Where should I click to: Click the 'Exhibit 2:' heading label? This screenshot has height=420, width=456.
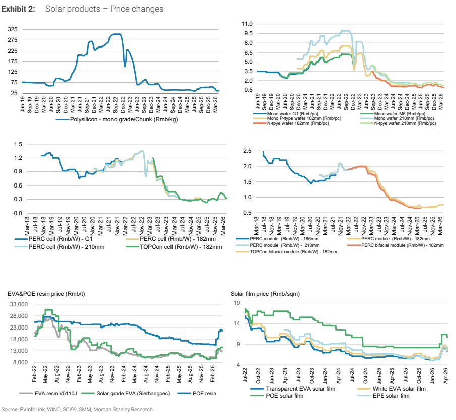coord(18,9)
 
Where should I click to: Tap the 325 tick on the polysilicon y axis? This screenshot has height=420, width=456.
coord(13,29)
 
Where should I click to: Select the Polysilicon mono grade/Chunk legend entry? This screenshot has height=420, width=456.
coord(117,119)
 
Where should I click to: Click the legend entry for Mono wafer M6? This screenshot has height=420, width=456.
coord(392,114)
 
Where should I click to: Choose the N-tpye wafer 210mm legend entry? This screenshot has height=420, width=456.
coord(398,123)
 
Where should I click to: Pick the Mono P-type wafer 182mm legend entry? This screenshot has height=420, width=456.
coord(297,118)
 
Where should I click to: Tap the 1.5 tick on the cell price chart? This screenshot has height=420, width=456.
coord(18,144)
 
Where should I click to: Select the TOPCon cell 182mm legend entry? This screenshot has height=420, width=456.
coord(174,247)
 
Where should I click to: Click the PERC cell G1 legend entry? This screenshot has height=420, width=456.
coord(53,239)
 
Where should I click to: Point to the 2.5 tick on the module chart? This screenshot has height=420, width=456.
coord(247,151)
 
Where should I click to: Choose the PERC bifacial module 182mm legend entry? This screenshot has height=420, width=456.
coord(395,245)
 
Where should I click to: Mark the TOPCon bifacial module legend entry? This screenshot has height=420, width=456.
coord(287,252)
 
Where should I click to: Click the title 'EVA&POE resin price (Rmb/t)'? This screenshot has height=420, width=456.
coord(46,294)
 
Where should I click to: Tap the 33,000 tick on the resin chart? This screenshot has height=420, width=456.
coord(19,304)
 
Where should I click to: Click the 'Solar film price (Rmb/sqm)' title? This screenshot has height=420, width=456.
coord(265,294)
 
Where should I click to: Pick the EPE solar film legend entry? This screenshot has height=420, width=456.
coord(383,396)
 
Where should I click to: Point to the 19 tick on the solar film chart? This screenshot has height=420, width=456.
coord(237,303)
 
